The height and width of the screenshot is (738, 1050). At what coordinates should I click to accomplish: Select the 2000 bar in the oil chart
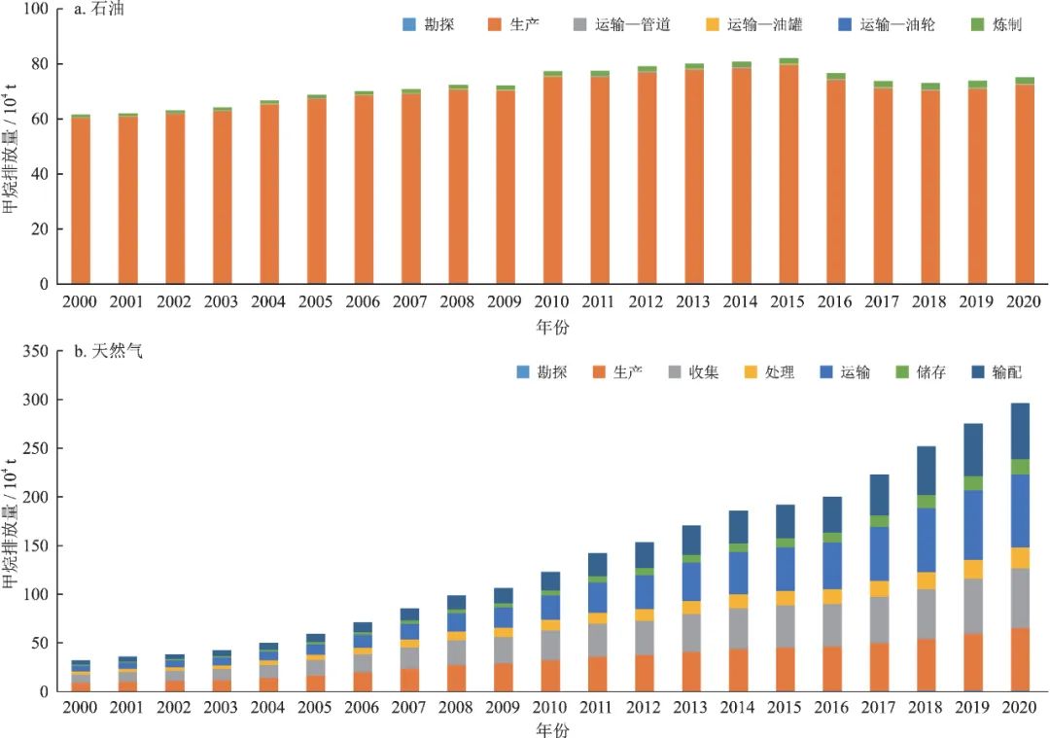[81, 200]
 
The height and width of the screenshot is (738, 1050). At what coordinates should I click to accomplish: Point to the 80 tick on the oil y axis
[37, 64]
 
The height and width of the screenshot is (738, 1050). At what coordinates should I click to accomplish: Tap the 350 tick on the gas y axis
[33, 351]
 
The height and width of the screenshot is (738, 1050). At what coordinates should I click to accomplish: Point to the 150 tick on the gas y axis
[33, 545]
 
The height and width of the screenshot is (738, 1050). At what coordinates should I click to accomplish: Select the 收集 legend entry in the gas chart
[694, 371]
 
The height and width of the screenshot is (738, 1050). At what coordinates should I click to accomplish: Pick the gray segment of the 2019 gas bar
[972, 606]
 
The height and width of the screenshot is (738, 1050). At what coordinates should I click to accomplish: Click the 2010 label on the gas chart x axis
[551, 708]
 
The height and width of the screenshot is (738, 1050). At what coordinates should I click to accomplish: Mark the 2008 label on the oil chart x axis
[458, 301]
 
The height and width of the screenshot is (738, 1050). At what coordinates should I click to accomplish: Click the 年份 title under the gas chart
[551, 728]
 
